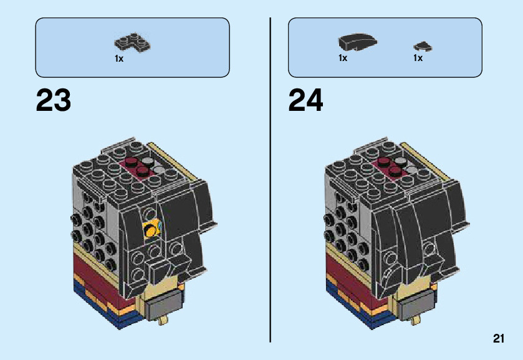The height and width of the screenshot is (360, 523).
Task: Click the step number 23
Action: (x=54, y=100)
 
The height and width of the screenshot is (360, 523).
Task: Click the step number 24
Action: (x=306, y=100)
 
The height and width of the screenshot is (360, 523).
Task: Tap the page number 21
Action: (x=497, y=339)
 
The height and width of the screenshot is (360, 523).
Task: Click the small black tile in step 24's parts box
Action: (x=423, y=46)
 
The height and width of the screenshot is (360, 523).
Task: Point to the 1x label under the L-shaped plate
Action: (x=119, y=59)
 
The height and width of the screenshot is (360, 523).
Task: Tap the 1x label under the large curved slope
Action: (x=343, y=58)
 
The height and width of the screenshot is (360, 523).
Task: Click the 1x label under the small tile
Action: (x=418, y=58)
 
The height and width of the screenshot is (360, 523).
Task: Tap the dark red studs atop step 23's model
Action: (x=137, y=166)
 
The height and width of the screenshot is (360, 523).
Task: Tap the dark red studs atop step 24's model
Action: (x=390, y=166)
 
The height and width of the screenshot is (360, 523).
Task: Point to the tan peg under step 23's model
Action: (x=164, y=320)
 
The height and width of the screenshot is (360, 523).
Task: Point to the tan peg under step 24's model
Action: (x=416, y=320)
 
